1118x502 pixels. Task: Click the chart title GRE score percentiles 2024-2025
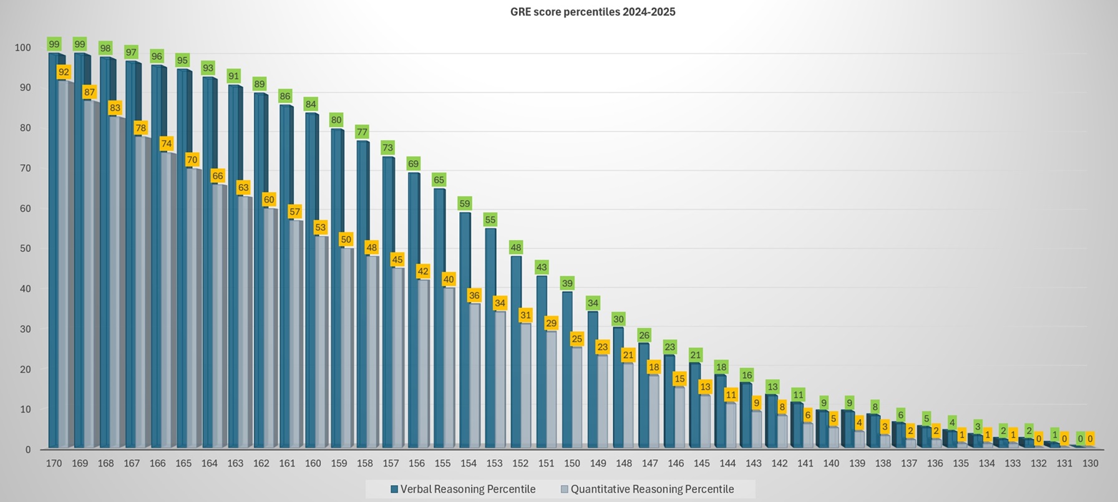(x=593, y=12)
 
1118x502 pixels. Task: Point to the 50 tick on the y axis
(x=24, y=249)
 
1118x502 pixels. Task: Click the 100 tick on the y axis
(x=22, y=48)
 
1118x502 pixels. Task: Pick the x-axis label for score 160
(x=313, y=463)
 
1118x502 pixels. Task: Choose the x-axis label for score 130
(x=1090, y=463)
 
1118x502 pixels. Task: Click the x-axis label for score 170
(x=54, y=463)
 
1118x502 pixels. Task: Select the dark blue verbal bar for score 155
(x=439, y=318)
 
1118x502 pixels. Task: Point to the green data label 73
(x=388, y=148)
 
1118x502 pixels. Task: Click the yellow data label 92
(x=64, y=72)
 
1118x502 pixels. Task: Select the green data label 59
(x=465, y=203)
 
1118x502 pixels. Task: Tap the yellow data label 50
(x=346, y=239)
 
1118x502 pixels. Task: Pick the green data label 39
(x=567, y=283)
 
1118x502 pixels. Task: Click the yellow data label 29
(x=551, y=323)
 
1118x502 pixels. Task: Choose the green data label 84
(x=311, y=104)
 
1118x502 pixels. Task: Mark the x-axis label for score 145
(x=701, y=463)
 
